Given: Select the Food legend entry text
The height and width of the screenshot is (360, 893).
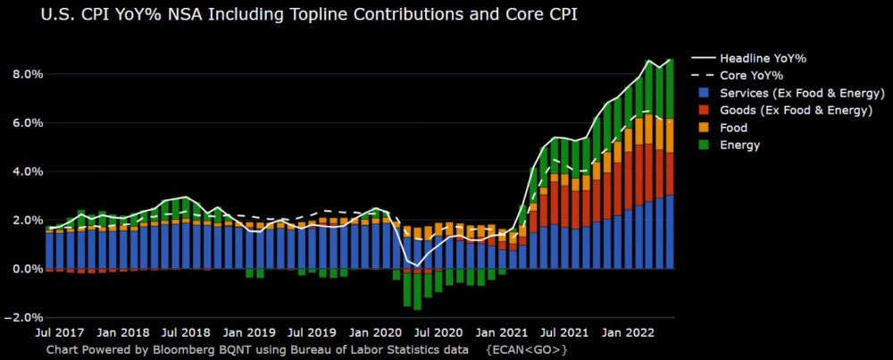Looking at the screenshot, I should point(733,128).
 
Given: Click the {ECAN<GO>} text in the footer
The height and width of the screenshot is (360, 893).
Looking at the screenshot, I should point(527,349).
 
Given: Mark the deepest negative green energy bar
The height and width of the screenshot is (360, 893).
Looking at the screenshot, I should point(417,289).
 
